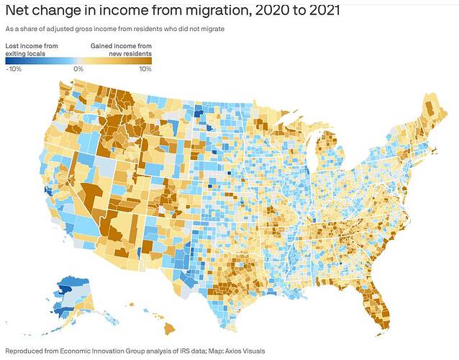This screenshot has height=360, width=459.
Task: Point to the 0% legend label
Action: pyautogui.click(x=78, y=69)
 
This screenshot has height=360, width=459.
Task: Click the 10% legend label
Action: pyautogui.click(x=145, y=69)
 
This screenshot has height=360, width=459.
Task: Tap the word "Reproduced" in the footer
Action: pyautogui.click(x=22, y=351)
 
